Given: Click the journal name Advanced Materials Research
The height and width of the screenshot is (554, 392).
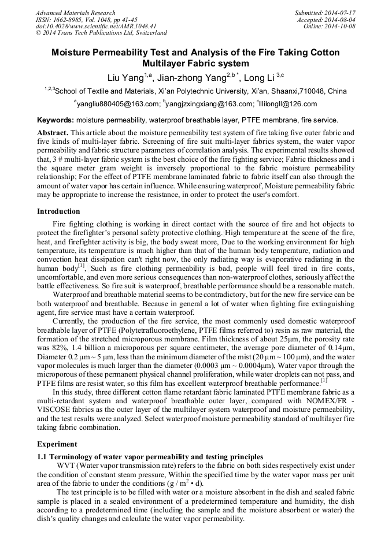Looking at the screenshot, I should pos(76,13).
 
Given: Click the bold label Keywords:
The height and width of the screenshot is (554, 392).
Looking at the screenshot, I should pos(56,121).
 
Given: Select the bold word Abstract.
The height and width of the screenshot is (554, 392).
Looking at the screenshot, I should pos(52,132).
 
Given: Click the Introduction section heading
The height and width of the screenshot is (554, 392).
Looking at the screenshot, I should pos(58,211).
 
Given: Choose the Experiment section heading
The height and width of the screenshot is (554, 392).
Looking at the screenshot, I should pos(57,444).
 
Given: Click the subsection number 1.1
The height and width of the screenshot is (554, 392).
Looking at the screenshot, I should pos(42,457).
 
